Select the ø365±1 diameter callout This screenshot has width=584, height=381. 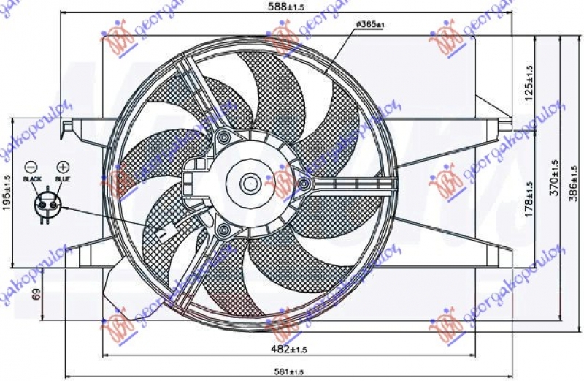(371, 24)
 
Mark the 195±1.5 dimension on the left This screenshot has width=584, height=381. (7, 192)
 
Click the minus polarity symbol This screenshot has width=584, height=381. (30, 166)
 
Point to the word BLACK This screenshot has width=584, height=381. (33, 178)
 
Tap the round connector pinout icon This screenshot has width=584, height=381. (47, 201)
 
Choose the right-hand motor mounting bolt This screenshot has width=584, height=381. (302, 183)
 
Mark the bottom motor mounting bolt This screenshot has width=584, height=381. (224, 231)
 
